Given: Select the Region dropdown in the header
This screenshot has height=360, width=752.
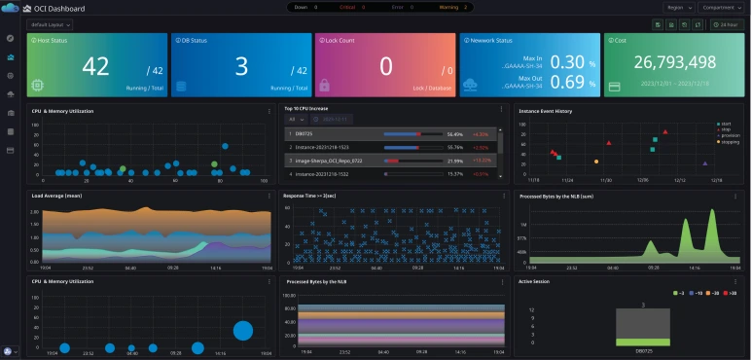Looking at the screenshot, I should (678, 9).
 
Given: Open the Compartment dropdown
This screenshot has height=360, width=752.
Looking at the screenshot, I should (721, 9).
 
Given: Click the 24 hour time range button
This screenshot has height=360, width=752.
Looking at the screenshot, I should (725, 24).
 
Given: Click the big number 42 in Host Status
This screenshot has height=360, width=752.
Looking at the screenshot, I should (95, 66).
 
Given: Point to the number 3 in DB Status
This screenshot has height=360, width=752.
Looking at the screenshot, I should (241, 66).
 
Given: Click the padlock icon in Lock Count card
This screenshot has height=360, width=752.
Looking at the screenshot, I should (324, 86).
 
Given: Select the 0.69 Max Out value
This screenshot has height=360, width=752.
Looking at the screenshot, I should (567, 81).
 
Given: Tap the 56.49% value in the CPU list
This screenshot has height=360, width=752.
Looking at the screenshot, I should (454, 133).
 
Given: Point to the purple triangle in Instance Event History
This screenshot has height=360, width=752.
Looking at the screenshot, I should (704, 162).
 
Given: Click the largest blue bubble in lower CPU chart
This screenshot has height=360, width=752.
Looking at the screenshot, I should (243, 331).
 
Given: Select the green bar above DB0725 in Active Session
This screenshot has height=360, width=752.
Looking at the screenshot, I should (643, 342).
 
